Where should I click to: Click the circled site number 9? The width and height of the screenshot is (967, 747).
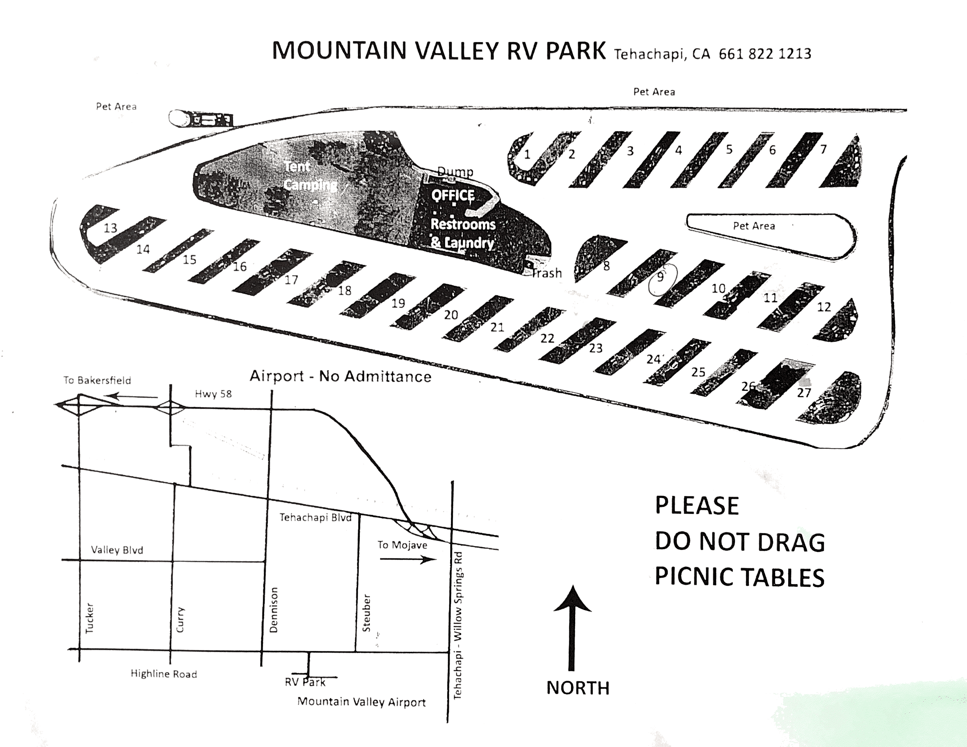click(660, 277)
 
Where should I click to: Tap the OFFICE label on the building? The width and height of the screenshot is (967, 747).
click(453, 195)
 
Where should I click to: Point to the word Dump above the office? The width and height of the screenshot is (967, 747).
click(455, 172)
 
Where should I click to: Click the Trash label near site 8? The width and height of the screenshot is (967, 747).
click(547, 273)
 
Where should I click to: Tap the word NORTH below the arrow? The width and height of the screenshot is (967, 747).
click(578, 688)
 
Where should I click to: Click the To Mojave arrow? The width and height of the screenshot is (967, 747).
click(407, 560)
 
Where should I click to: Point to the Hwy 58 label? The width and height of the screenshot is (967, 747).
click(213, 394)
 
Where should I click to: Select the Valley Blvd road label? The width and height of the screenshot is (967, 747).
click(117, 550)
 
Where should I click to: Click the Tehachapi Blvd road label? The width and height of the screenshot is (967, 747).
click(315, 517)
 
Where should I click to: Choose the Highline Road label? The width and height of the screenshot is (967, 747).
click(163, 674)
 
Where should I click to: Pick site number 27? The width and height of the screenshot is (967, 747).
click(804, 392)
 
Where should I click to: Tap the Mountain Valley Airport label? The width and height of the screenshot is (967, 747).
click(361, 702)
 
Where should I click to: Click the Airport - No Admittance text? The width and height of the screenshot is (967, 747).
click(341, 376)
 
